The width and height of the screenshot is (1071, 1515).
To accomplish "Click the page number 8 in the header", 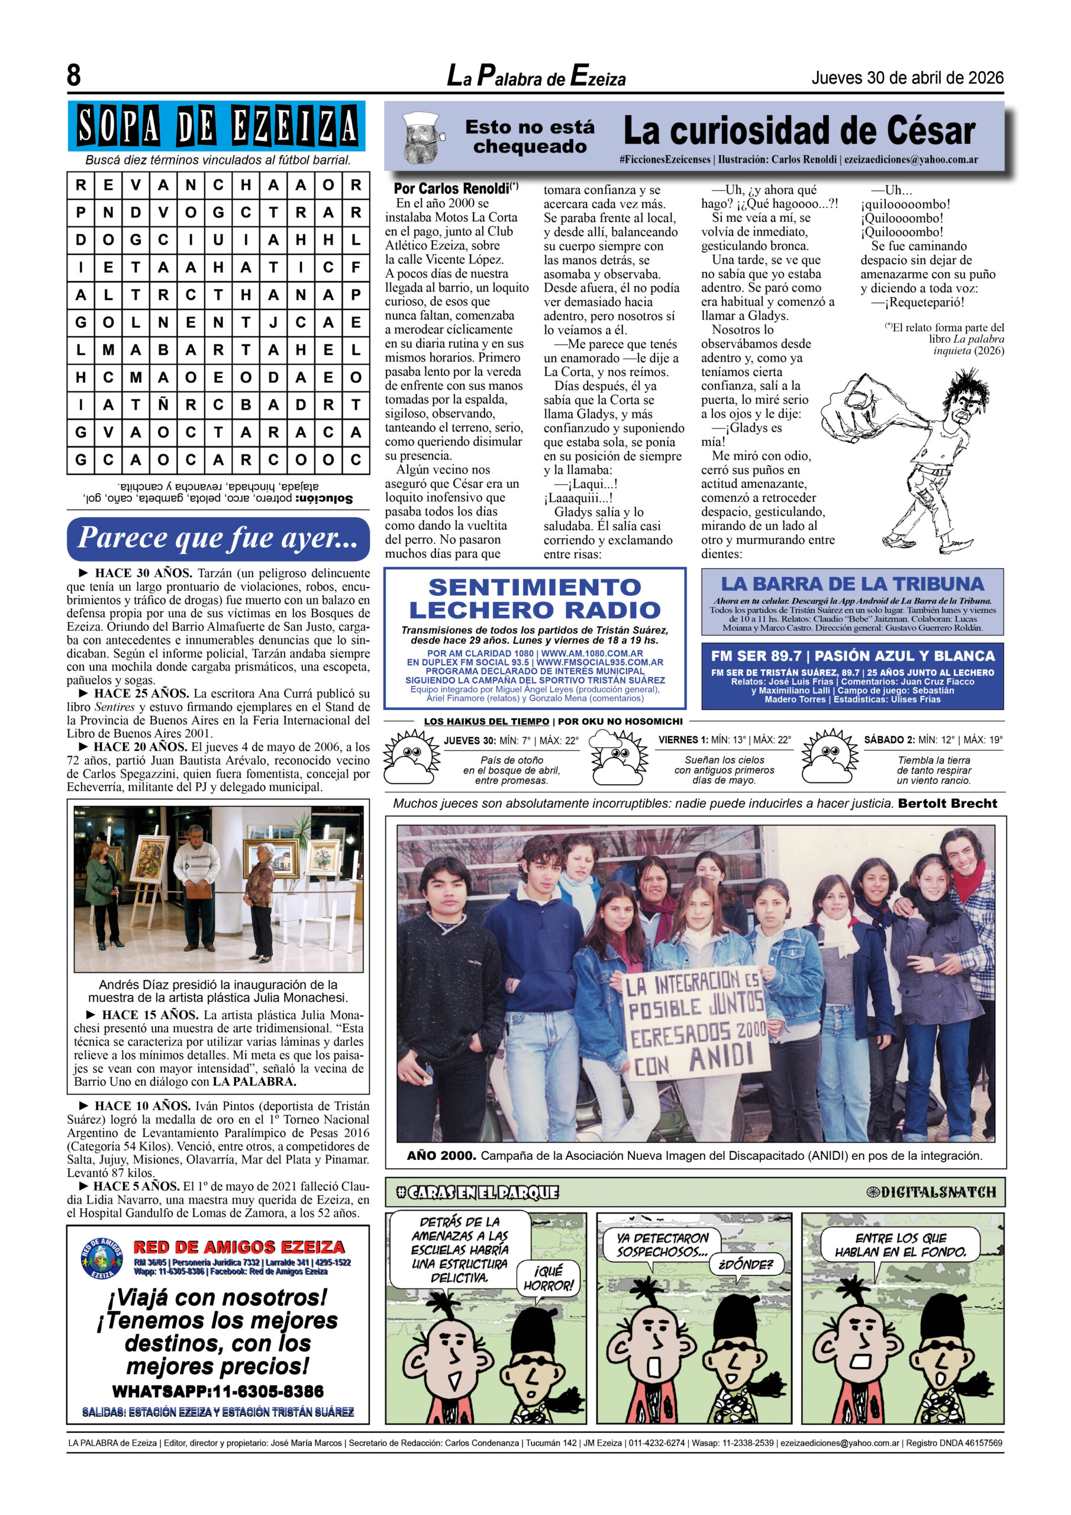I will click(x=74, y=75).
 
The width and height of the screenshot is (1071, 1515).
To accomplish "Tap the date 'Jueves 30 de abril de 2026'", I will click(x=907, y=78).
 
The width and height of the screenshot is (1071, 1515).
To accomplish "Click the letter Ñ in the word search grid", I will click(x=163, y=404).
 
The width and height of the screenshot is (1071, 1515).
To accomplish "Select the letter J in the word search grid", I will click(x=273, y=322).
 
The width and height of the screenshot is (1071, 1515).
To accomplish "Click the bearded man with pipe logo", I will click(x=423, y=138).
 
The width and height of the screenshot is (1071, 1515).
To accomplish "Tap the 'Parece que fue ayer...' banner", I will click(x=218, y=539).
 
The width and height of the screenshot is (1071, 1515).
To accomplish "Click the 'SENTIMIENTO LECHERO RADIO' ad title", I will click(x=534, y=598).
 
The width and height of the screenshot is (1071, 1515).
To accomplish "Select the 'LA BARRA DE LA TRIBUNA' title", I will click(x=852, y=584).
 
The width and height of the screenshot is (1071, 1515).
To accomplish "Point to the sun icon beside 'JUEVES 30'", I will click(x=412, y=757).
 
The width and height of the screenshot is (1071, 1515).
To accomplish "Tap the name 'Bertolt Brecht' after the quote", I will click(x=947, y=803).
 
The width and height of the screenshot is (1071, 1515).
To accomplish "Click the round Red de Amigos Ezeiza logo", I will click(x=102, y=1258).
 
